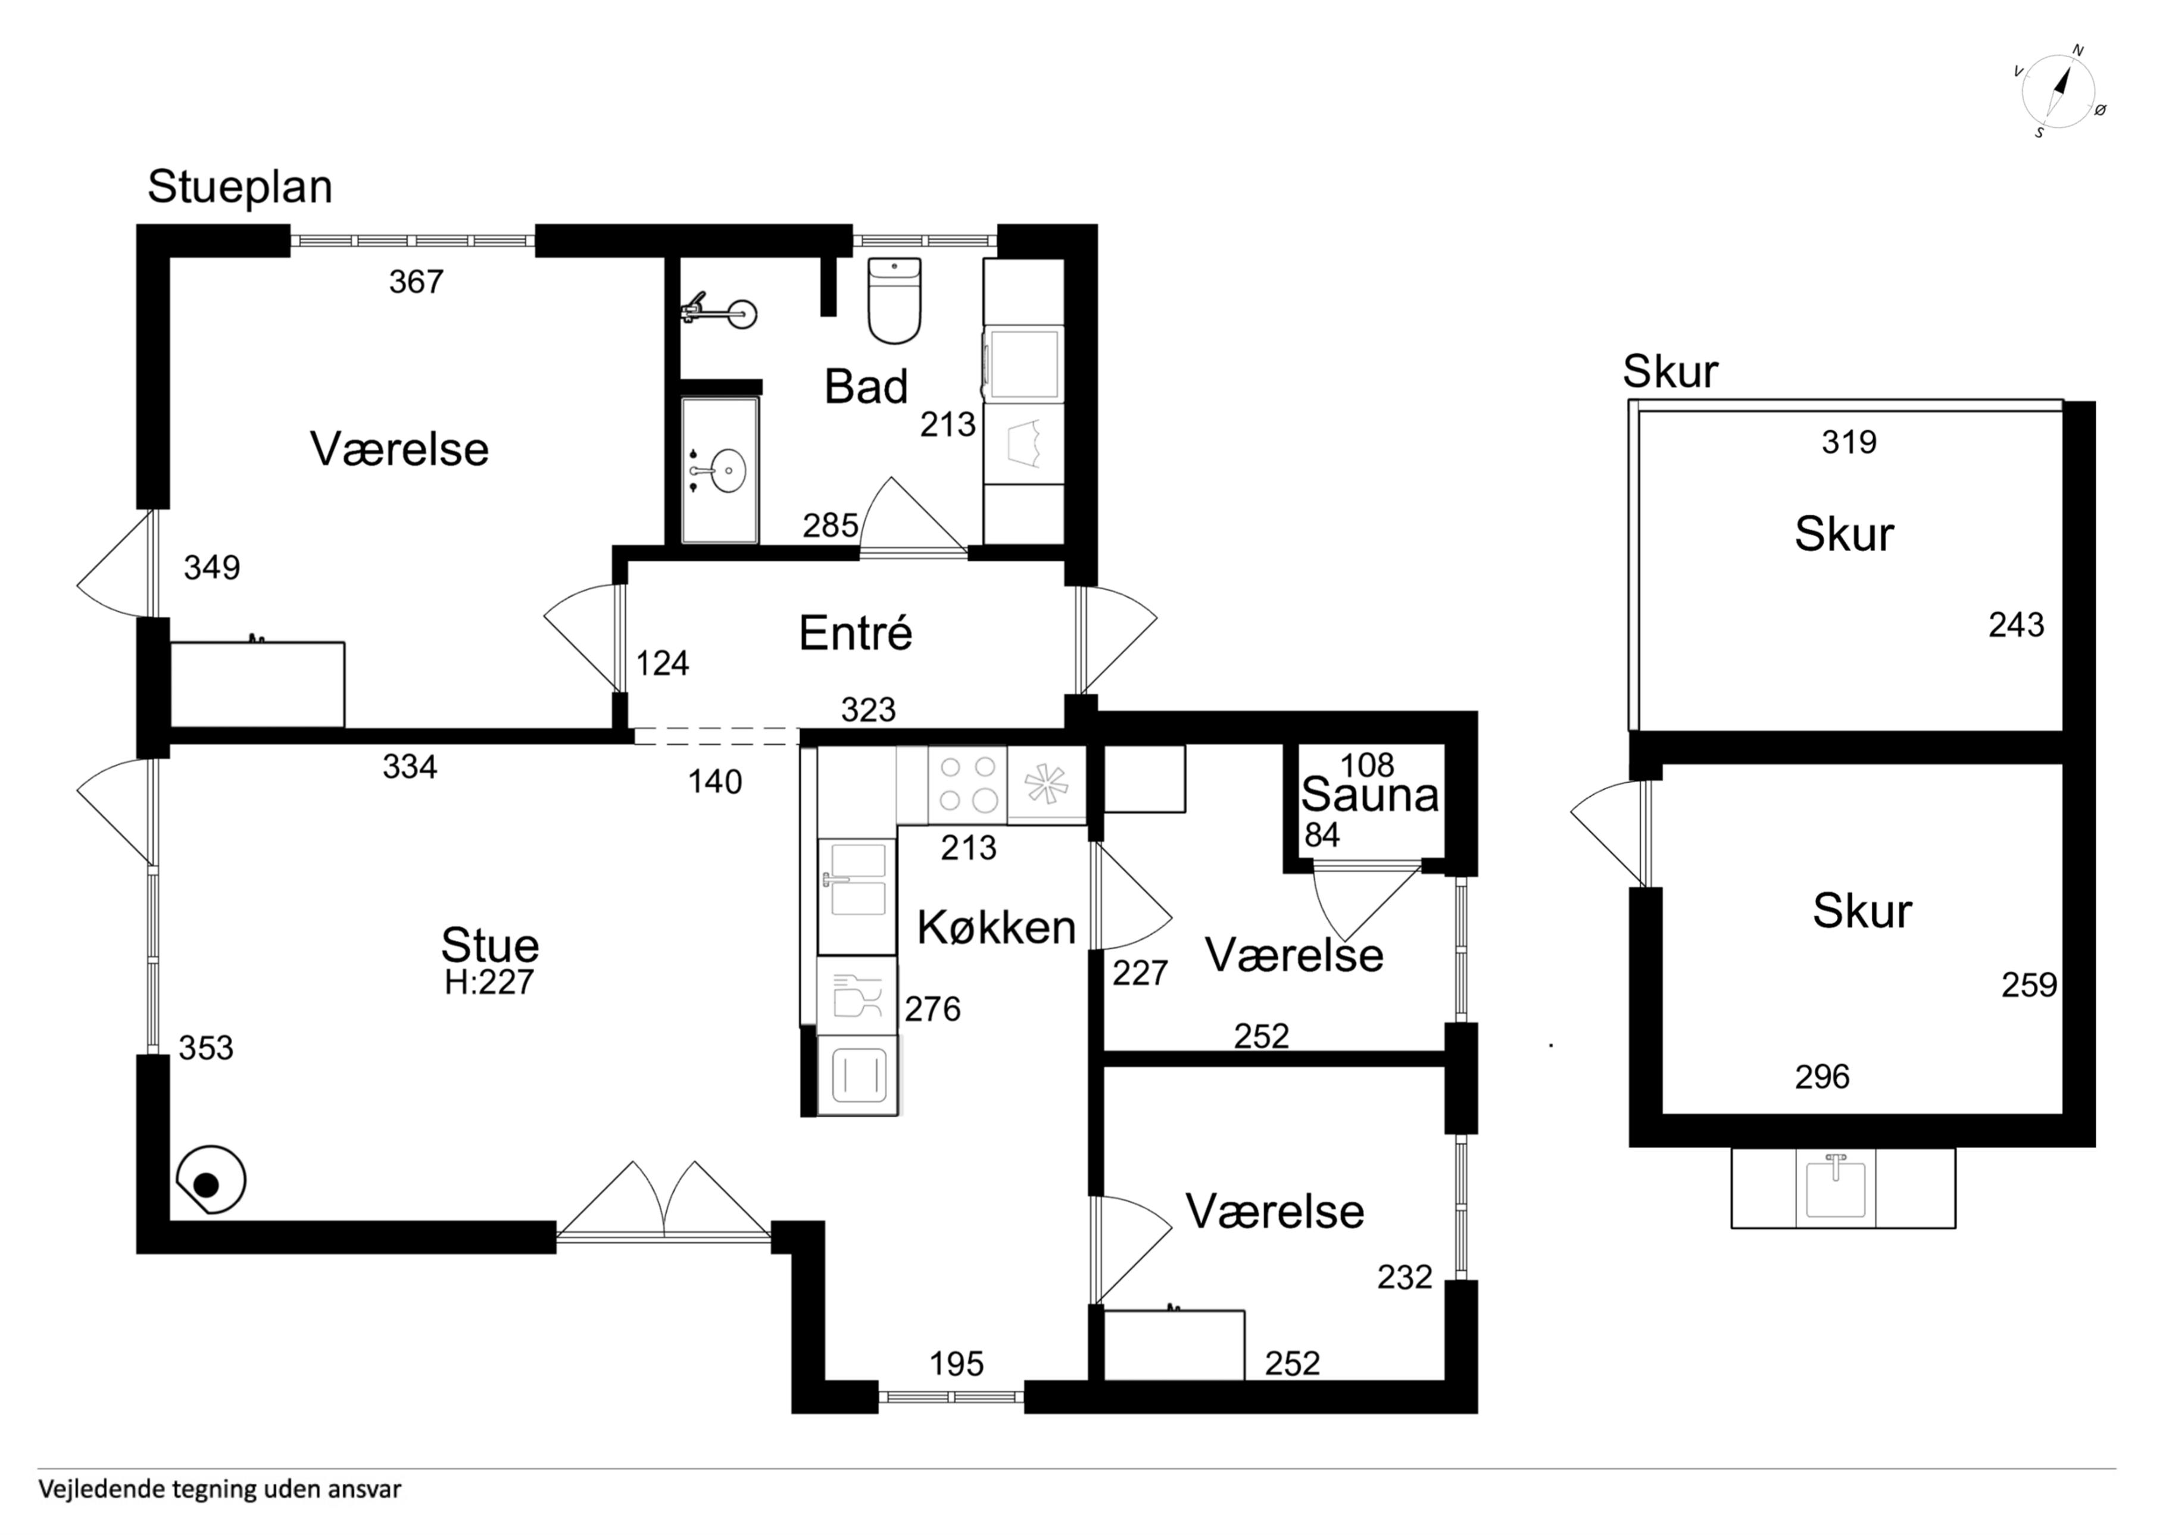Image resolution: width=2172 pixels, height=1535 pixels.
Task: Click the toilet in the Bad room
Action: tap(894, 300)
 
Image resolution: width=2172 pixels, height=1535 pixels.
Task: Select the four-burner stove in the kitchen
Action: tap(967, 785)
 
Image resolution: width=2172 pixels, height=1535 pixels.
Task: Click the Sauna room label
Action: tap(1370, 795)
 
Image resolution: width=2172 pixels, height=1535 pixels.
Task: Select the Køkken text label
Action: tap(996, 928)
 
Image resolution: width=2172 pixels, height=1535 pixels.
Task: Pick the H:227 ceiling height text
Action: tap(489, 983)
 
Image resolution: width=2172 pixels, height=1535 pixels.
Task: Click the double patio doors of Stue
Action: tap(664, 1199)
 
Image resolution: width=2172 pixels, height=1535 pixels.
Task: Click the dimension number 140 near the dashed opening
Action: tap(715, 781)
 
